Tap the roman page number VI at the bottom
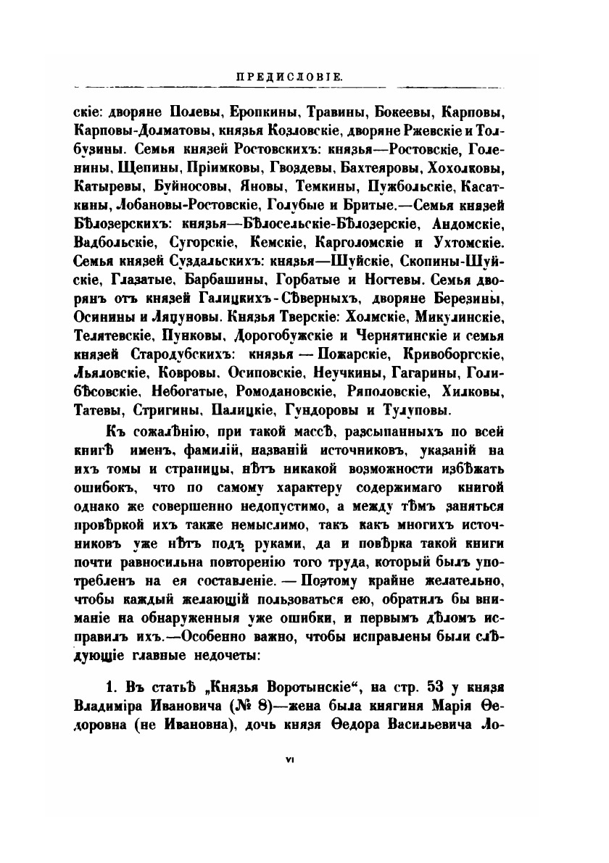[289, 759]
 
